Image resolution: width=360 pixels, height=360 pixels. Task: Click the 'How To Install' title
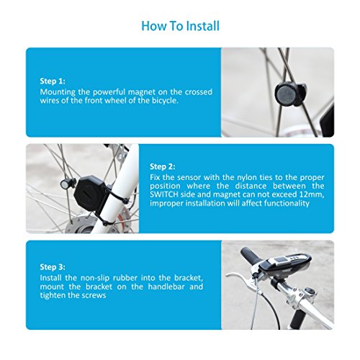pos(181,26)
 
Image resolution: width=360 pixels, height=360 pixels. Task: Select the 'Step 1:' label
pos(53,81)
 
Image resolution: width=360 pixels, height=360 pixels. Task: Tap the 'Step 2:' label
pos(163,166)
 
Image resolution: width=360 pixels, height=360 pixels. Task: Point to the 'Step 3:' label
pos(53,267)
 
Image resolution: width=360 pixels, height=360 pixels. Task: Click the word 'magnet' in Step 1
pos(142,92)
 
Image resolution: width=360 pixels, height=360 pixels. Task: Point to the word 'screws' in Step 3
pos(94,295)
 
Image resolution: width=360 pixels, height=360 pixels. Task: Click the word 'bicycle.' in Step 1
pos(165,101)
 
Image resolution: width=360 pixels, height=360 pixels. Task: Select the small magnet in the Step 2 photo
pos(66,184)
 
